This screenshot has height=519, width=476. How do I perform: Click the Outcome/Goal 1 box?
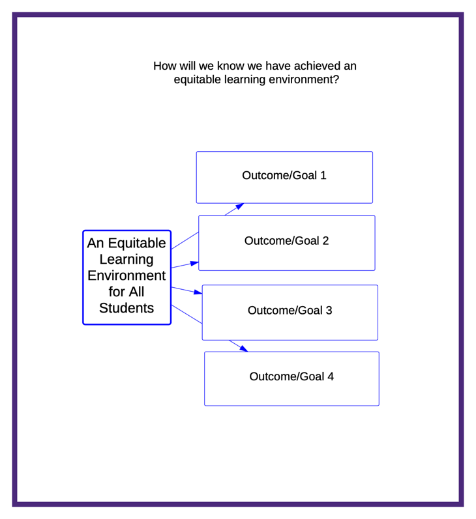pyautogui.click(x=284, y=177)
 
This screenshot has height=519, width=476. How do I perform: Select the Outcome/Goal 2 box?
pyautogui.click(x=287, y=243)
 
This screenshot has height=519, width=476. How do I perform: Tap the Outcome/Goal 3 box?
pyautogui.click(x=290, y=313)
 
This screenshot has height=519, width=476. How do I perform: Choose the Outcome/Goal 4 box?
pyautogui.click(x=291, y=378)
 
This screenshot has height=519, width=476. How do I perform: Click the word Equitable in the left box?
pyautogui.click(x=137, y=244)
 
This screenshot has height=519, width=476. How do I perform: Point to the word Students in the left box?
pyautogui.click(x=126, y=308)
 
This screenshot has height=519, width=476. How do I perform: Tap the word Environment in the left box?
pyautogui.click(x=126, y=275)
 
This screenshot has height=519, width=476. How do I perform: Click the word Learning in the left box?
pyautogui.click(x=126, y=259)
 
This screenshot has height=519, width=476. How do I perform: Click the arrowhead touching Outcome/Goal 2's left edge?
pyautogui.click(x=194, y=264)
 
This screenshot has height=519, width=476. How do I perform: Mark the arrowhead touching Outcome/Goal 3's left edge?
pyautogui.click(x=198, y=292)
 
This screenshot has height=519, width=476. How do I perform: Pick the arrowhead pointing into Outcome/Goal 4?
pyautogui.click(x=244, y=349)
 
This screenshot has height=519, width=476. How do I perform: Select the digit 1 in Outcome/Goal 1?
pyautogui.click(x=323, y=175)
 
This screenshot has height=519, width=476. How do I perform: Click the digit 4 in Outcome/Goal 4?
pyautogui.click(x=331, y=376)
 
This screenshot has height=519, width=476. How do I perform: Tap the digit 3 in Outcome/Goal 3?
pyautogui.click(x=329, y=311)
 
